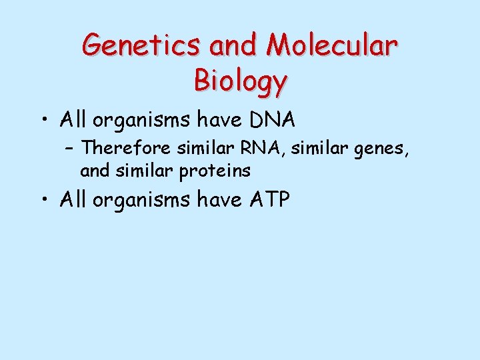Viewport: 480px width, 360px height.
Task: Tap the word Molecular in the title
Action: click(331, 45)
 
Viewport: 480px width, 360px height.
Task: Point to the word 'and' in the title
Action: click(233, 45)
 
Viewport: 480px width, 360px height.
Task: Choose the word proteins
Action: click(215, 171)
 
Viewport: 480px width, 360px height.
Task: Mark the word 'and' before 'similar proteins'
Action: click(94, 171)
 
